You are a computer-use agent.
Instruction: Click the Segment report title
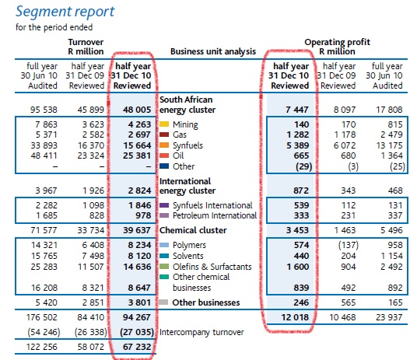coord(65,12)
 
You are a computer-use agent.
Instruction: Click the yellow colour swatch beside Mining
coord(164,124)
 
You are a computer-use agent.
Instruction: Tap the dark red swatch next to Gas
coord(164,135)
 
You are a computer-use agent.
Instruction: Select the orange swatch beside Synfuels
coord(164,145)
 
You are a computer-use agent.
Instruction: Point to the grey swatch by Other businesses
coord(163,302)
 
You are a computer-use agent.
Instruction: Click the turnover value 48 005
coord(137,110)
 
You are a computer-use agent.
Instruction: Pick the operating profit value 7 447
coord(297,110)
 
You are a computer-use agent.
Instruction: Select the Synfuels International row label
coord(212,205)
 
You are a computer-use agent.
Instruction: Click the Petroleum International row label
coord(215,215)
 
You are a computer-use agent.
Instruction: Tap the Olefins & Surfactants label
coord(212,267)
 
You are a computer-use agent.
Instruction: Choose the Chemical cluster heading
coord(193,230)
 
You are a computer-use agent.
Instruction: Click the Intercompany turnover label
coord(201,332)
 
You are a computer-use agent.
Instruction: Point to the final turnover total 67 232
coord(137,347)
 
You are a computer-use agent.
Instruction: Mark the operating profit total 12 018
coord(295,317)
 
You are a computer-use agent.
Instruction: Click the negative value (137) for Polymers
coord(348,245)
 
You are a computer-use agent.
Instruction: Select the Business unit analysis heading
coord(213,51)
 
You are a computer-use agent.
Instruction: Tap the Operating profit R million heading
coord(337,47)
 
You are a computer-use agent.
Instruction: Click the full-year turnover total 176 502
coord(42,317)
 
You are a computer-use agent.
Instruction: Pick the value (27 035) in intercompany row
coord(137,332)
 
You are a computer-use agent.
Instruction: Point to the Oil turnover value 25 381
coord(137,156)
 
